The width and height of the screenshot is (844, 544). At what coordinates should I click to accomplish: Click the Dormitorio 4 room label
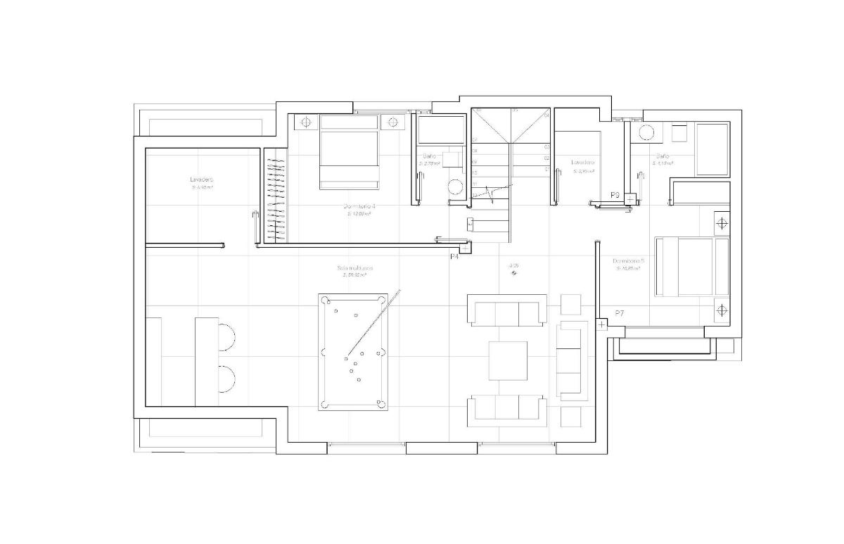pyautogui.click(x=359, y=206)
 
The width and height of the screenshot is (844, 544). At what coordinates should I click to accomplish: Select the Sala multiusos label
pyautogui.click(x=354, y=268)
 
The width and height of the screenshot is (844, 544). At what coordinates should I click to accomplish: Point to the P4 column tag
pyautogui.click(x=454, y=257)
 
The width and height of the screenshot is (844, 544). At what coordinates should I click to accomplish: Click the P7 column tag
pyautogui.click(x=619, y=313)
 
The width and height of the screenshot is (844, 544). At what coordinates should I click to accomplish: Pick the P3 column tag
pyautogui.click(x=615, y=195)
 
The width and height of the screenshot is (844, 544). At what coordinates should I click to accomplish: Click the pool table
pyautogui.click(x=352, y=353)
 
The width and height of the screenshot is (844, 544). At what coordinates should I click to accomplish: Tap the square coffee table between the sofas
pyautogui.click(x=508, y=360)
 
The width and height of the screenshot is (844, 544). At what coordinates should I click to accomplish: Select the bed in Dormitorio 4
pyautogui.click(x=350, y=152)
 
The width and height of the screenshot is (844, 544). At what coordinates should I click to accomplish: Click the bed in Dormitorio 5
pyautogui.click(x=692, y=266)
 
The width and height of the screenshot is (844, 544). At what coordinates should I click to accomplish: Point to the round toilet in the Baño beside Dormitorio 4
pyautogui.click(x=456, y=187)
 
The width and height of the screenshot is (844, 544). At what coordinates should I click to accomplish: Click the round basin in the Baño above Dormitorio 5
pyautogui.click(x=646, y=133)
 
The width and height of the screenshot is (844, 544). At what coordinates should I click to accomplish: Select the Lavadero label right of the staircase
pyautogui.click(x=583, y=162)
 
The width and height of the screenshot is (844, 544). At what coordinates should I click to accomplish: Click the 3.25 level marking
pyautogui.click(x=514, y=266)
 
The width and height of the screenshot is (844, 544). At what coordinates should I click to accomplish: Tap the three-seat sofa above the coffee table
pyautogui.click(x=507, y=312)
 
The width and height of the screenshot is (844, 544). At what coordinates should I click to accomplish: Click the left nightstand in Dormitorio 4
pyautogui.click(x=306, y=122)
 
